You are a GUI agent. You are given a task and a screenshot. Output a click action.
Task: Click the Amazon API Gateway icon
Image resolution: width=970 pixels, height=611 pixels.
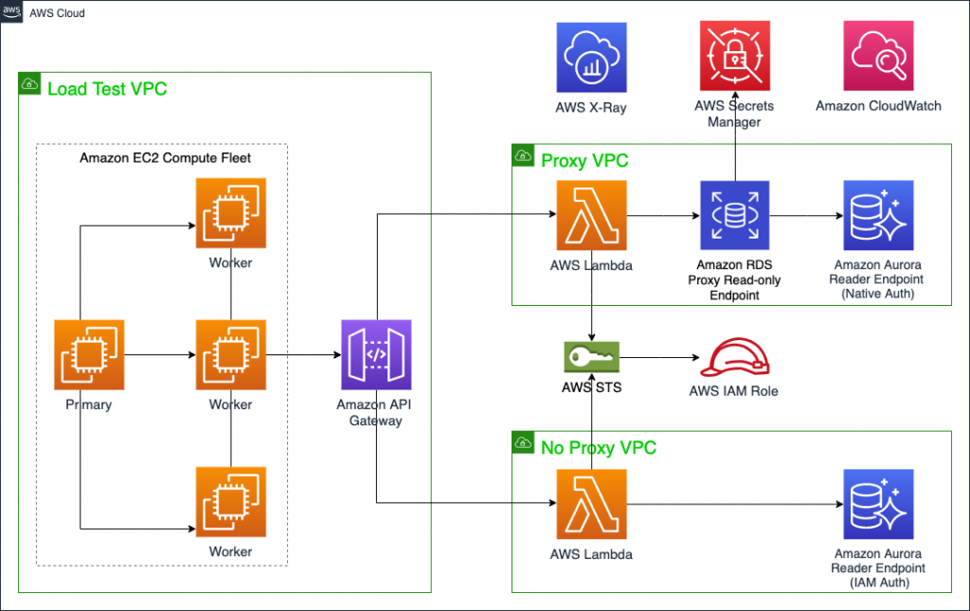(x=376, y=355)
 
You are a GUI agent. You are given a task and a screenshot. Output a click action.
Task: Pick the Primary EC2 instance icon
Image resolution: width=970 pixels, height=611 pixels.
(x=89, y=355)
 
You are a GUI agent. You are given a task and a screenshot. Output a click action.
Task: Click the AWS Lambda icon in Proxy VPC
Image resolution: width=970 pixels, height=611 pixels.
(x=591, y=215)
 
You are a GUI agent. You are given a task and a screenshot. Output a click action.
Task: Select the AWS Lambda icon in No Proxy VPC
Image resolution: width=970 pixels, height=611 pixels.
(x=591, y=504)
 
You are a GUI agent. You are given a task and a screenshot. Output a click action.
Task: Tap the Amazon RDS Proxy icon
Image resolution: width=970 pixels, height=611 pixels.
(x=734, y=215)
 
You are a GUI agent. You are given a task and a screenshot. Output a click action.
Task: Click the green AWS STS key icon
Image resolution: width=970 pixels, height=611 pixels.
(x=591, y=357)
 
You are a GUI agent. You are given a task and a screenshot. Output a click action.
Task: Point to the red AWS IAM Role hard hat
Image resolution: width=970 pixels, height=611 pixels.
(x=734, y=360)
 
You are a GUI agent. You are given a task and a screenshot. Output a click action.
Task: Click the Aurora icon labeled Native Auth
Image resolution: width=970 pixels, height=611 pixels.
(x=878, y=215)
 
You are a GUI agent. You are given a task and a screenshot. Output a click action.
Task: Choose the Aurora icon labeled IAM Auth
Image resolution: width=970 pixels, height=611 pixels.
(x=878, y=504)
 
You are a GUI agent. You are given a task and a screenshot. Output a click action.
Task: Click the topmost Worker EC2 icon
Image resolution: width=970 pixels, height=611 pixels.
(x=231, y=212)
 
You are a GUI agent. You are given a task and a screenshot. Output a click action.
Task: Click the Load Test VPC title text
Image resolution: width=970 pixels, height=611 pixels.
(x=107, y=88)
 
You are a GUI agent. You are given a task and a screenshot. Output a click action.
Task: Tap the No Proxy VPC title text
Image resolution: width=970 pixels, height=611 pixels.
(x=598, y=447)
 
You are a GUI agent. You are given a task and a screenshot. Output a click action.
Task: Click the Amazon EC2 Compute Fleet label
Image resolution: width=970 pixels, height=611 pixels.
(x=166, y=158)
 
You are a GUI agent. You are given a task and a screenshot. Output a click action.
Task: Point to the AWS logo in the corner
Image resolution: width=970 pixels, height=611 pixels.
(x=11, y=12)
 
